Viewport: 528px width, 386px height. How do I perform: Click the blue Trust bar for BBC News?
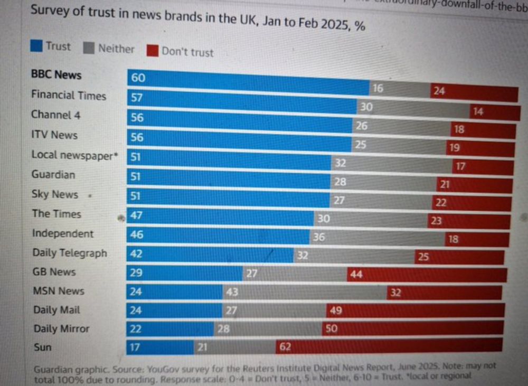point(248,82)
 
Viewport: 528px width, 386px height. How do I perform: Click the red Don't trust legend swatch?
point(153,51)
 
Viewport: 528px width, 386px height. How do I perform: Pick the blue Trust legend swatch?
point(36,46)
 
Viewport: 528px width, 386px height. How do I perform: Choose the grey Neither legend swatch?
point(89,48)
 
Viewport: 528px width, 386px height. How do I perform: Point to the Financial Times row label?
point(69,96)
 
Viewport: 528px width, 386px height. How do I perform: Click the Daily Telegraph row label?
point(70,253)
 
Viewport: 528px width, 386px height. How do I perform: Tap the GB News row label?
point(54,272)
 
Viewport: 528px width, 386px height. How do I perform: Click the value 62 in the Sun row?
point(285,347)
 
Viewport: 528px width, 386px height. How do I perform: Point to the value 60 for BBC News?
point(138,78)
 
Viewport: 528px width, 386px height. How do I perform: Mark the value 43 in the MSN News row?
point(231,292)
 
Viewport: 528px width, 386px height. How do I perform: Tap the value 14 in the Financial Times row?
point(478,112)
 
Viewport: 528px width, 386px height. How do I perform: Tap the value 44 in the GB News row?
point(356,275)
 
